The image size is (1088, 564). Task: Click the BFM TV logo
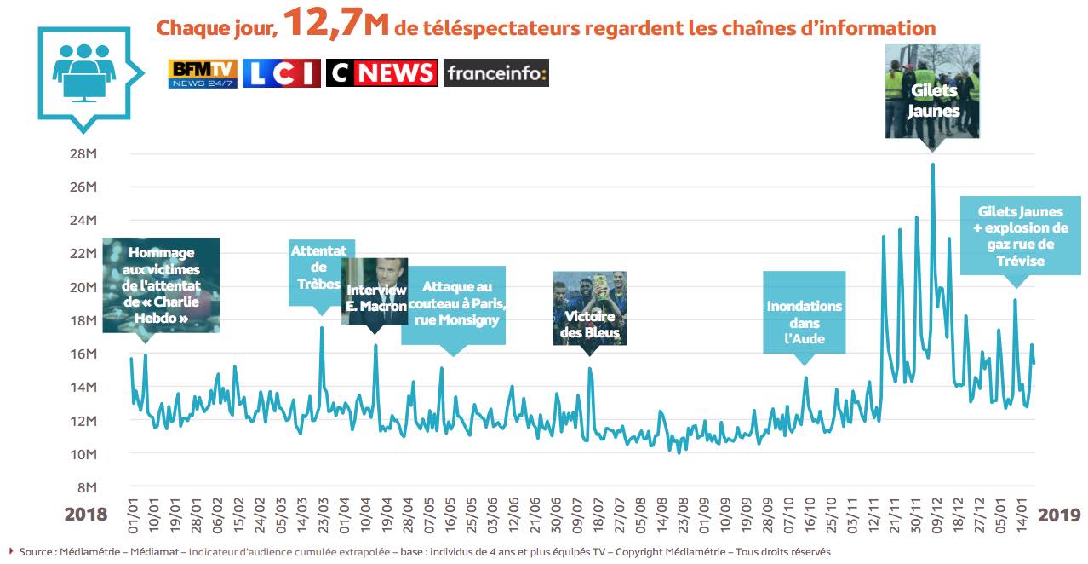[203, 73]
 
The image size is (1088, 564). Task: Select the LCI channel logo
[281, 73]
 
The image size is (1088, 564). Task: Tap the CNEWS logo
[381, 73]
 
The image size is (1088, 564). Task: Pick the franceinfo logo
[495, 73]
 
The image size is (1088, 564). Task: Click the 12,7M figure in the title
[335, 23]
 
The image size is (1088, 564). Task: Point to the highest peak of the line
[933, 164]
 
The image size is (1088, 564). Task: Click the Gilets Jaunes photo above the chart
[933, 91]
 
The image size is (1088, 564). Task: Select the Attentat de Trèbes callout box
[319, 272]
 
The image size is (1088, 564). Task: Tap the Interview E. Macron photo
[375, 291]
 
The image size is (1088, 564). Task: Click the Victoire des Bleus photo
[589, 308]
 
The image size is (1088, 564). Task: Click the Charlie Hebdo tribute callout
[161, 285]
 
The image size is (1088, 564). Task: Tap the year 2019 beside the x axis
[1060, 515]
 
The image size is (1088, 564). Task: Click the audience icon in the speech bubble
[83, 72]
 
